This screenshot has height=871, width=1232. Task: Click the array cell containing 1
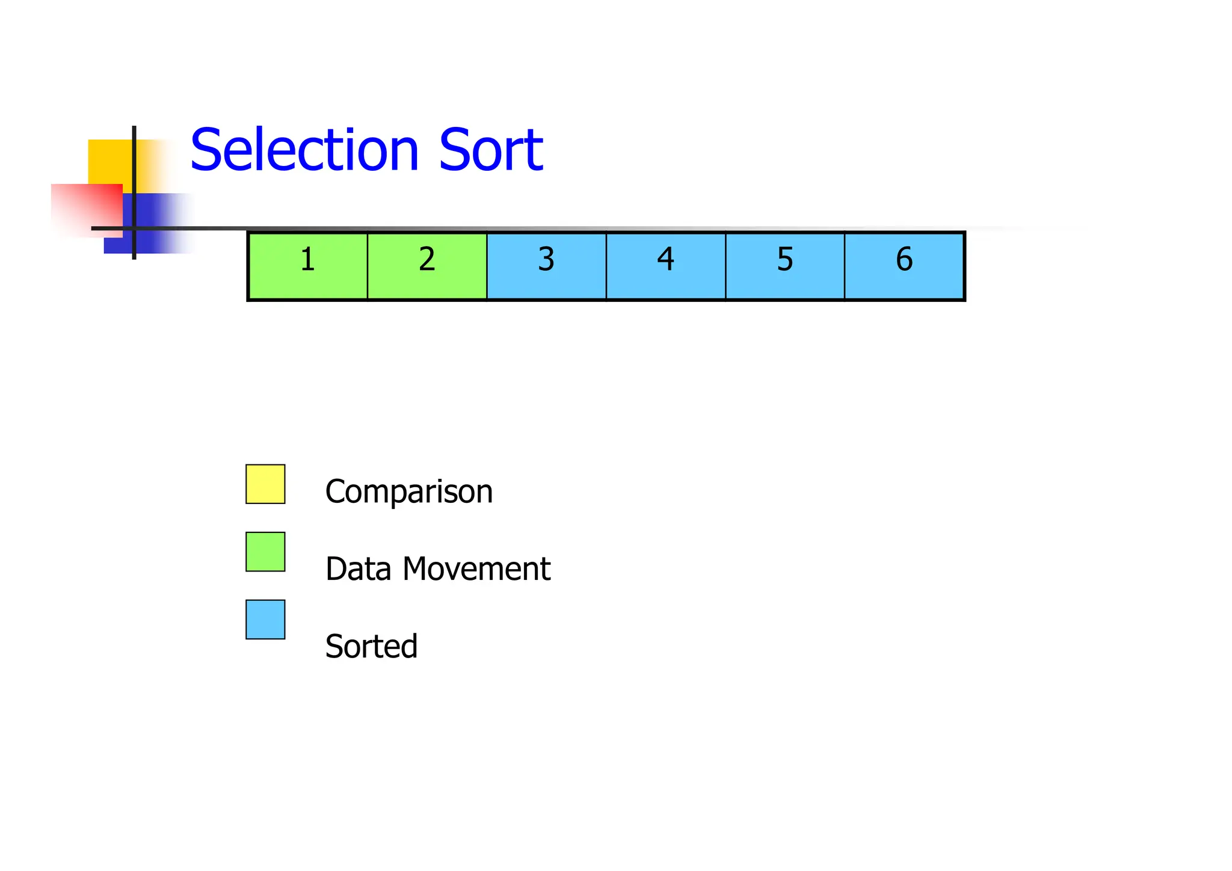click(307, 265)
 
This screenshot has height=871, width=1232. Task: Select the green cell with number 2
click(427, 265)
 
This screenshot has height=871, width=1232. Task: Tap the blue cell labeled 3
click(546, 265)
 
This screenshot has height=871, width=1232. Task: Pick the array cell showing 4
click(665, 265)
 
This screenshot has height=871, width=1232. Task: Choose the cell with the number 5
click(785, 265)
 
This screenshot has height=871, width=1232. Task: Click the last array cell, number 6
click(904, 265)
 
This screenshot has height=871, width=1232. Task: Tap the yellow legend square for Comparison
click(265, 484)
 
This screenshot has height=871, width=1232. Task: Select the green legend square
click(265, 552)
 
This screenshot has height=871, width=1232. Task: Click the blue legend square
click(265, 619)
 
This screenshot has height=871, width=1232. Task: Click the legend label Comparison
click(408, 492)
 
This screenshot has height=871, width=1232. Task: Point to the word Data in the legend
click(358, 568)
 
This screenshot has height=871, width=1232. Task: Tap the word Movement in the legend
click(476, 568)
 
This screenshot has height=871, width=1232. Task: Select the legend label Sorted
click(371, 646)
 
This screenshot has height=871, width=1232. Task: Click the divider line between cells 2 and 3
click(487, 265)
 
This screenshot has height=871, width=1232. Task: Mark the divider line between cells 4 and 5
click(725, 265)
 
